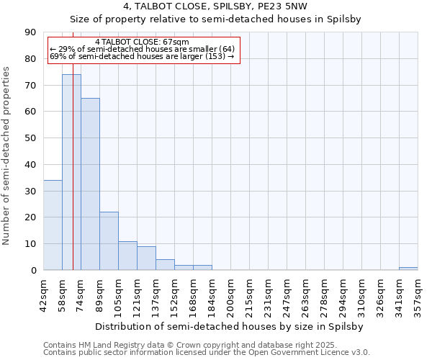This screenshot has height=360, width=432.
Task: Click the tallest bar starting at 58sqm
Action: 71,172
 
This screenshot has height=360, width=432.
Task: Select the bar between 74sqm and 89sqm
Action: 90,184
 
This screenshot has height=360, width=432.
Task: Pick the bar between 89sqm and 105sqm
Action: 109,241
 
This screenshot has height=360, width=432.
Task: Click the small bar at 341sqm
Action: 408,269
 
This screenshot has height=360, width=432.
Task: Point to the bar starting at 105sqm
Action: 127,256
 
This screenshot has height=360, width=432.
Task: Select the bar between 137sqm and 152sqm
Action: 165,264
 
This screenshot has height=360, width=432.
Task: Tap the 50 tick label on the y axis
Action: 30,138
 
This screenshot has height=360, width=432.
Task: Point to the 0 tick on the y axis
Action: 33,270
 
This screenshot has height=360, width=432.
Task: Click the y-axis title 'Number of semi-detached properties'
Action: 7,156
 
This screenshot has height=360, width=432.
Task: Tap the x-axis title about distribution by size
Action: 229,326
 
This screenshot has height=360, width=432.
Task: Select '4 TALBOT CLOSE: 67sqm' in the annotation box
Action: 142,42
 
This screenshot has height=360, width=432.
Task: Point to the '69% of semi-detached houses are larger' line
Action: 142,56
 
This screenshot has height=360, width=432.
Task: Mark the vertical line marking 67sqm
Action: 73,180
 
